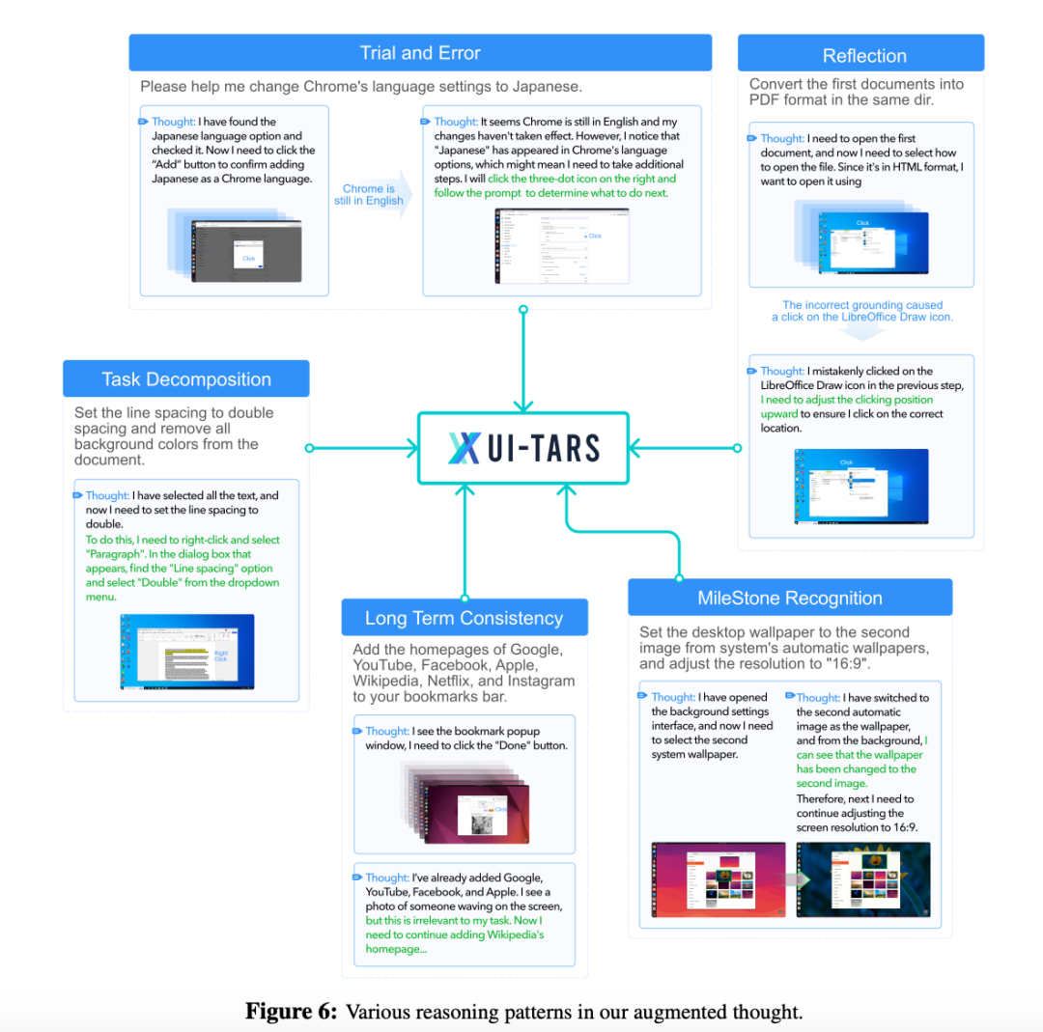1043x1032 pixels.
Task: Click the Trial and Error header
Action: [420, 53]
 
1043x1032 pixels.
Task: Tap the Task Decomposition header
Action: [186, 379]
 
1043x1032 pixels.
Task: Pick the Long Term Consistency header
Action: [464, 618]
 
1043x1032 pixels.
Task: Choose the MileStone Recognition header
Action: [789, 599]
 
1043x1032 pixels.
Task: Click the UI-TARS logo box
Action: [523, 448]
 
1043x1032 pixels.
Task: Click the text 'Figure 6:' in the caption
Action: [292, 1012]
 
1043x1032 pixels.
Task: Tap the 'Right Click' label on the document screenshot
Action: [221, 655]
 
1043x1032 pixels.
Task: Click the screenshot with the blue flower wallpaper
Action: [863, 879]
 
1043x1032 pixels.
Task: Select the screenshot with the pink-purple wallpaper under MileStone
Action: [718, 879]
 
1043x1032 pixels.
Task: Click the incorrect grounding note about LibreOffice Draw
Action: [862, 311]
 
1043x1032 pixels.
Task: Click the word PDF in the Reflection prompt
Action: [766, 100]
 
